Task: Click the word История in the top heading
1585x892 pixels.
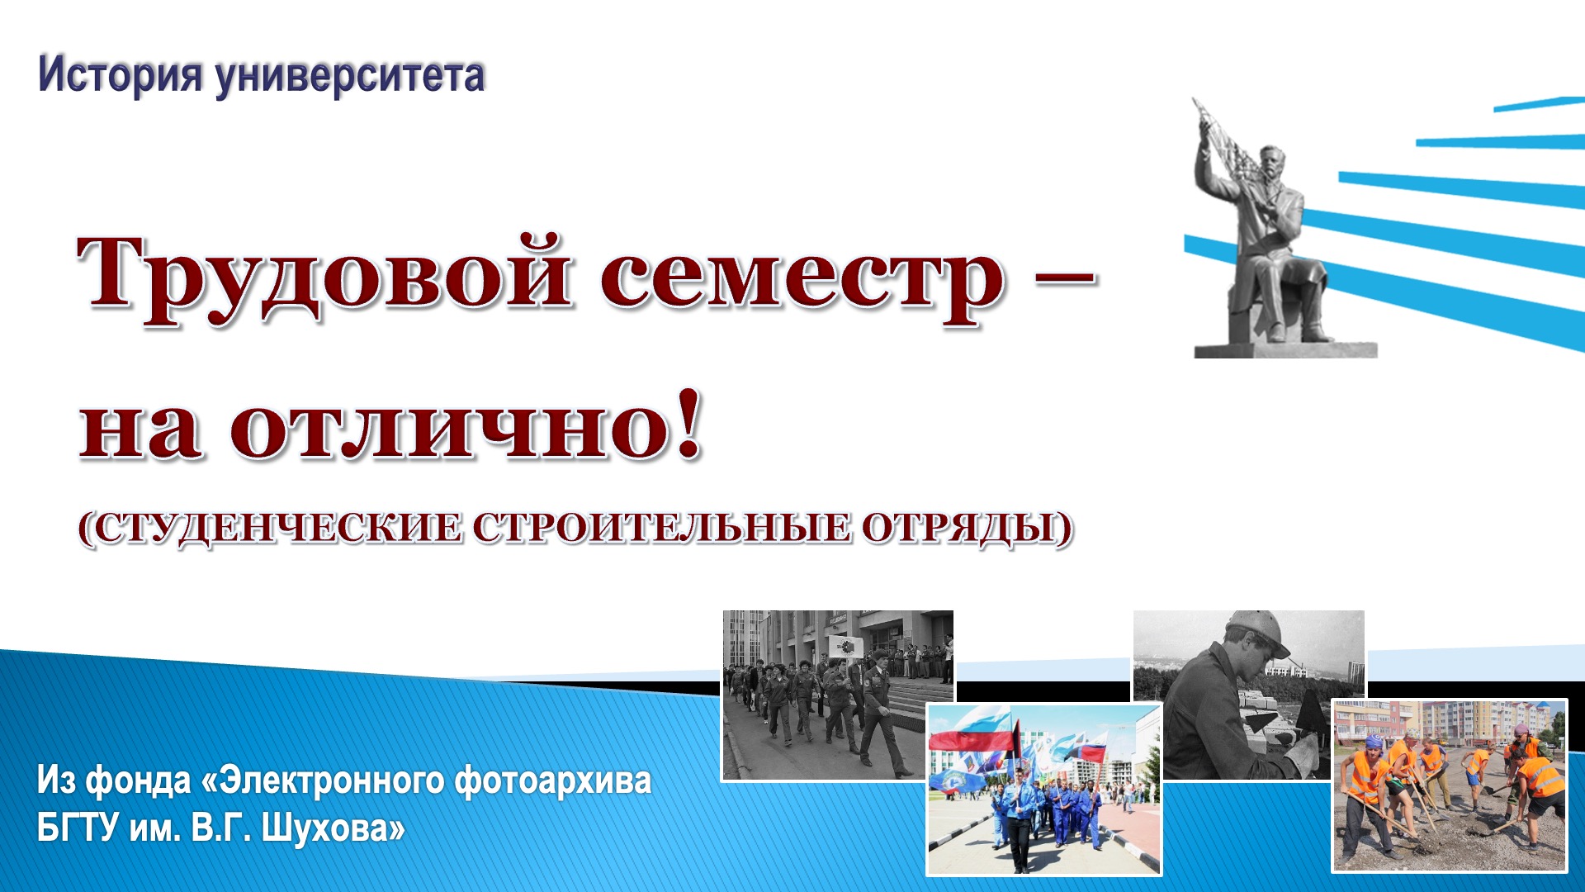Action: (120, 75)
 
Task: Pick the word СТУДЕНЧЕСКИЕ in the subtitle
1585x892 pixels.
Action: (272, 529)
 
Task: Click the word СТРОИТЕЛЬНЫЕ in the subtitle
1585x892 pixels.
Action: (660, 529)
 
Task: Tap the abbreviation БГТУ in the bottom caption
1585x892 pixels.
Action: (78, 828)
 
